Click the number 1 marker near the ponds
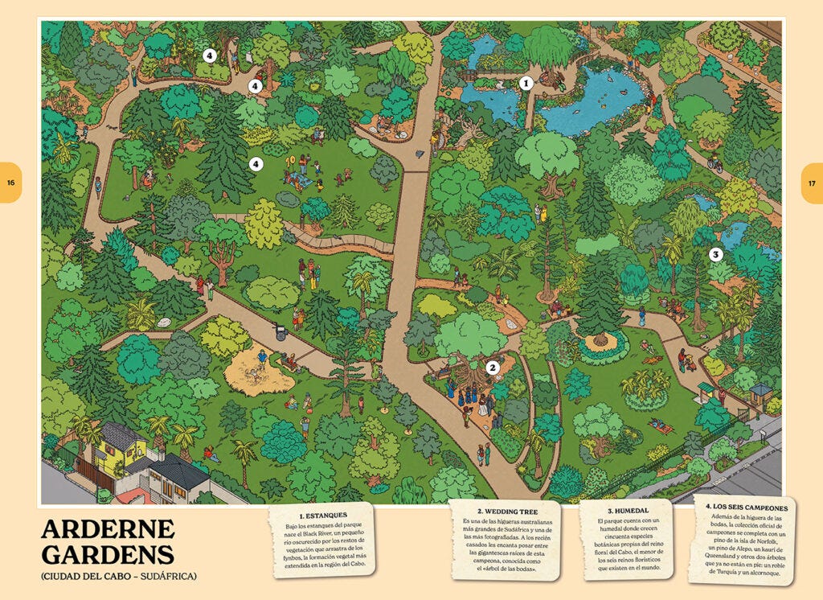coord(526,82)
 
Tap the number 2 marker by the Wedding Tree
coord(493,368)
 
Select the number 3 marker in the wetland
coord(716,254)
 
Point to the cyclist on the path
coord(714,163)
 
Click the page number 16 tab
coord(10,183)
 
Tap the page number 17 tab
coord(812,183)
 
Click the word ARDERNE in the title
coord(108,529)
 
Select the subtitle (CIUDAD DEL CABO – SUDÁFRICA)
coord(118,577)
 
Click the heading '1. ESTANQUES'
coord(321,515)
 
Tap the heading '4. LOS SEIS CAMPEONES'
coord(746,508)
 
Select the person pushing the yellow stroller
coord(682,358)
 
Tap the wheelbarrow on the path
coord(280,331)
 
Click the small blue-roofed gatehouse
coord(760,392)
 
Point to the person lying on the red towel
coord(661,425)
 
